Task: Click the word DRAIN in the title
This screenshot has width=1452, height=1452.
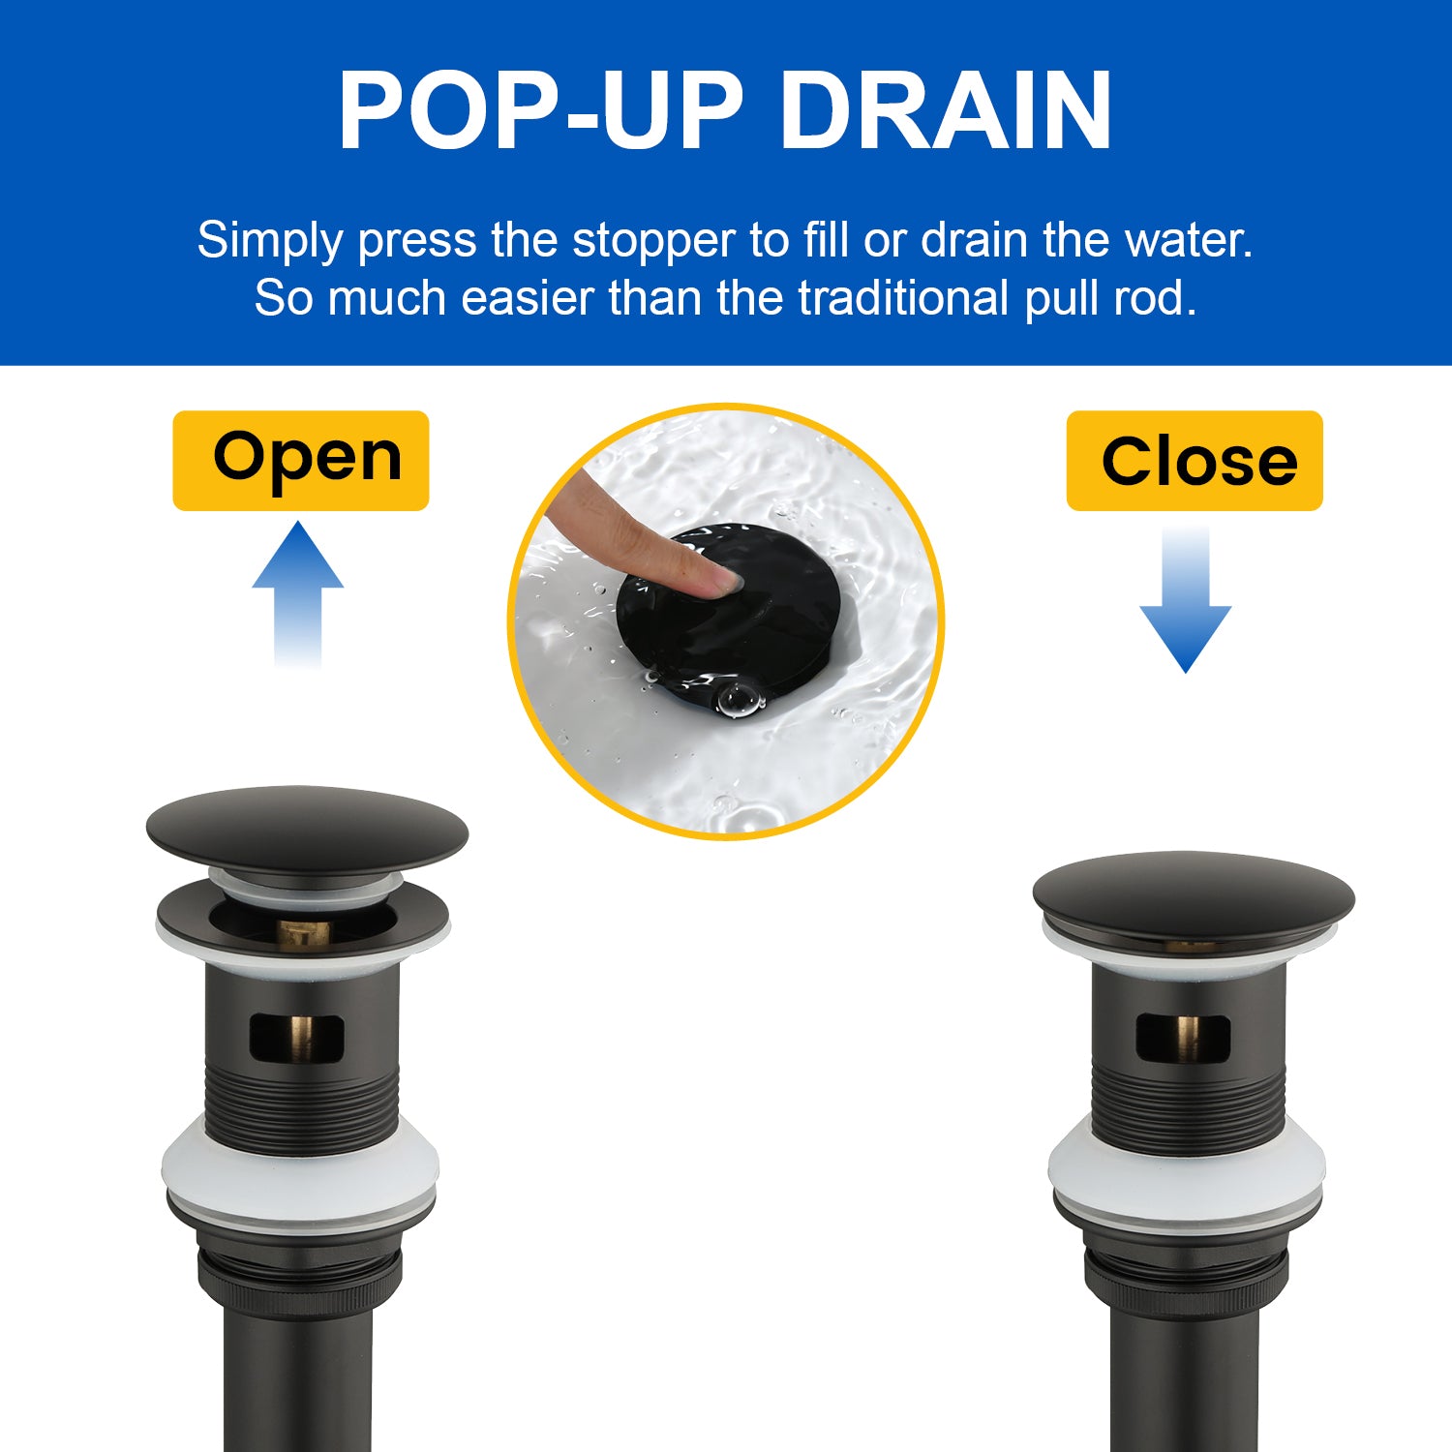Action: coord(946,111)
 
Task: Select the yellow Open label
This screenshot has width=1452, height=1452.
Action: coord(300,460)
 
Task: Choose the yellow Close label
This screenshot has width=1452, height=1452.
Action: coord(1195,461)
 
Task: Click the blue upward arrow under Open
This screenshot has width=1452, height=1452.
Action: coord(297,594)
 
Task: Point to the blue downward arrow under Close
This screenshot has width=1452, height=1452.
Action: coord(1185,600)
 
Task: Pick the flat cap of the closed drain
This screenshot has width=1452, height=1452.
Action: coord(1194,896)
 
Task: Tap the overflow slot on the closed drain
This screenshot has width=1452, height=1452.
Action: coord(1183,1037)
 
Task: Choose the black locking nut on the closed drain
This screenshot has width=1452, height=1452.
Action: coord(1187,1278)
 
